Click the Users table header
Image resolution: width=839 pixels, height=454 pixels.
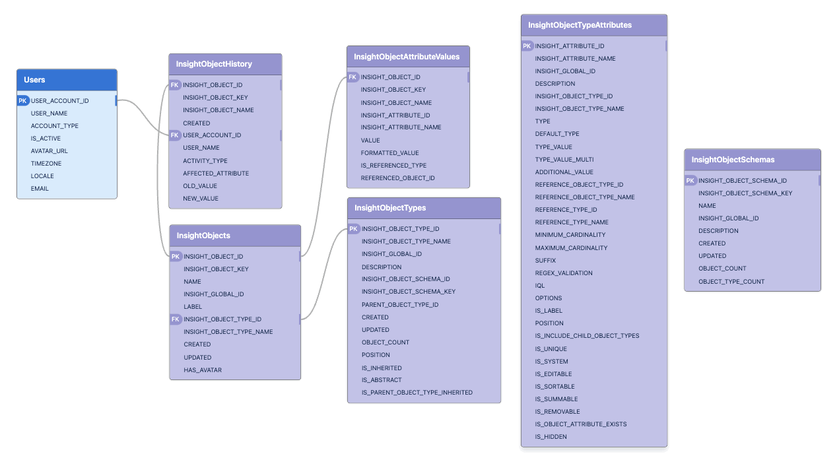[x=34, y=80]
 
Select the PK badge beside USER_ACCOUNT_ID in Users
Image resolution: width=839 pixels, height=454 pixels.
[x=23, y=101]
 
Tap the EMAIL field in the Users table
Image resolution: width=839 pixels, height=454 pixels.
[x=40, y=189]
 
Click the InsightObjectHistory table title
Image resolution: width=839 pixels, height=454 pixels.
[x=214, y=64]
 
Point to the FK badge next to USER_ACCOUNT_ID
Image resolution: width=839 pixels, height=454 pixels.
[x=175, y=135]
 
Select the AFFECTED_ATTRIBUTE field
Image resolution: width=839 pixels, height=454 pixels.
[x=216, y=174]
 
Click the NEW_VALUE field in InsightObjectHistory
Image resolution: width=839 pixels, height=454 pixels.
[x=201, y=199]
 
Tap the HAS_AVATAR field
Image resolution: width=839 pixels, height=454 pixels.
[x=203, y=370]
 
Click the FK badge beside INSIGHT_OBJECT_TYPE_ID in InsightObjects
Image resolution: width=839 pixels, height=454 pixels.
[x=176, y=319]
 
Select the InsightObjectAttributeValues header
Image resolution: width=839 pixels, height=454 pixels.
[x=407, y=57]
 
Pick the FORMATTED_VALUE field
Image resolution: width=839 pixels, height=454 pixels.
[x=389, y=153]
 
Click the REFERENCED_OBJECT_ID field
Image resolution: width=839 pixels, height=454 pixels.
[x=397, y=178]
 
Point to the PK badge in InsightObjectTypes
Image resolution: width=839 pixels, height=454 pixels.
[x=354, y=229]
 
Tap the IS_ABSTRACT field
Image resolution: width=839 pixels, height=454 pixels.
[x=382, y=380]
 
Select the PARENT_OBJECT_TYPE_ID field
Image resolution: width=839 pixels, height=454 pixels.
[x=400, y=305]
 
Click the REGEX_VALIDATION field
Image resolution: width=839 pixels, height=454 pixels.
[x=564, y=273]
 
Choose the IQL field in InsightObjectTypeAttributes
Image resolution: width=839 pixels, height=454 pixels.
[x=540, y=286]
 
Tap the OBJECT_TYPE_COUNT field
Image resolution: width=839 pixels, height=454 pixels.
[x=731, y=282]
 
